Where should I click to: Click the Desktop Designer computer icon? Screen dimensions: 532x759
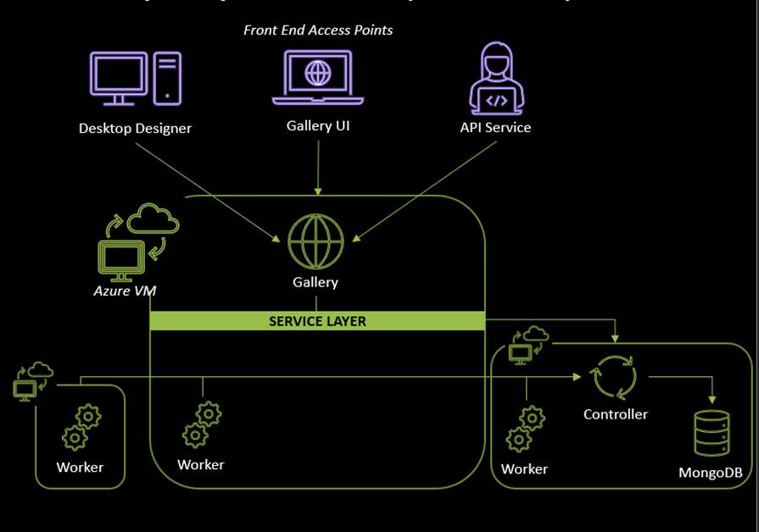(x=135, y=79)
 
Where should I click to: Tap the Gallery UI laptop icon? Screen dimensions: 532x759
(x=318, y=77)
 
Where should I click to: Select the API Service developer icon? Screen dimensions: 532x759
(x=495, y=77)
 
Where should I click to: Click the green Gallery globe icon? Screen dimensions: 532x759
(x=315, y=241)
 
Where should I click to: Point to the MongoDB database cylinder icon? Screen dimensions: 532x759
(x=711, y=434)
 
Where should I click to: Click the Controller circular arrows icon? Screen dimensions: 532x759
(x=615, y=378)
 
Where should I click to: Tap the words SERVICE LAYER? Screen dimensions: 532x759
(x=317, y=322)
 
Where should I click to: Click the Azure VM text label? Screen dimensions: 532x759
(x=125, y=291)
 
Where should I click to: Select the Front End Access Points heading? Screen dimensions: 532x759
(x=318, y=30)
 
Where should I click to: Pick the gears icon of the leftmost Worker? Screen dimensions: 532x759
(x=81, y=427)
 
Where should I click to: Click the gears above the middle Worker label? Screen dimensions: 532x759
(x=202, y=424)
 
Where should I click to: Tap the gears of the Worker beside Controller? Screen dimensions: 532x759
(x=525, y=428)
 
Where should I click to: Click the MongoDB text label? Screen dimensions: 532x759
(x=711, y=473)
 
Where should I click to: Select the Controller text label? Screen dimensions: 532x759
(x=615, y=414)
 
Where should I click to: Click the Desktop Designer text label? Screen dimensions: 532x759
(x=135, y=129)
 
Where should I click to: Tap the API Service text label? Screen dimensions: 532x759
(x=495, y=128)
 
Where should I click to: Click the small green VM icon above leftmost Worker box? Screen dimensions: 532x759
(x=27, y=383)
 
